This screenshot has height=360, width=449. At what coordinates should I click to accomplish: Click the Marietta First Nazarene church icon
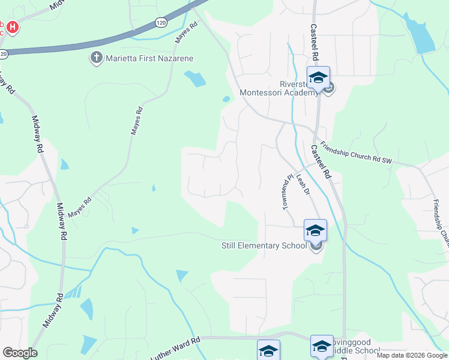click(x=95, y=58)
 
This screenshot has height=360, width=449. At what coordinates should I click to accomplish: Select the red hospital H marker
click(x=11, y=26)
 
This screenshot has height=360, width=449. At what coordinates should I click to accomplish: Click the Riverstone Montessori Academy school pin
click(x=318, y=78)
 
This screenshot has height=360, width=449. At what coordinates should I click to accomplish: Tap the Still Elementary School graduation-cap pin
click(x=315, y=230)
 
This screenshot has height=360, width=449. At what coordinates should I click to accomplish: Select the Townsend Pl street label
click(x=288, y=191)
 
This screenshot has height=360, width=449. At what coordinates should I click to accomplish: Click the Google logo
click(x=20, y=352)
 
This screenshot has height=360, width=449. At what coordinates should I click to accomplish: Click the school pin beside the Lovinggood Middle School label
click(x=322, y=346)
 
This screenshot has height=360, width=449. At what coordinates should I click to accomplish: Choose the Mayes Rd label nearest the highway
click(x=185, y=33)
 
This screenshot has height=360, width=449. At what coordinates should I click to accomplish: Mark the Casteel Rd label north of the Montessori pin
click(x=313, y=42)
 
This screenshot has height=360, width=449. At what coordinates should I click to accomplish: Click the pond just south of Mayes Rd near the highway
click(x=195, y=78)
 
